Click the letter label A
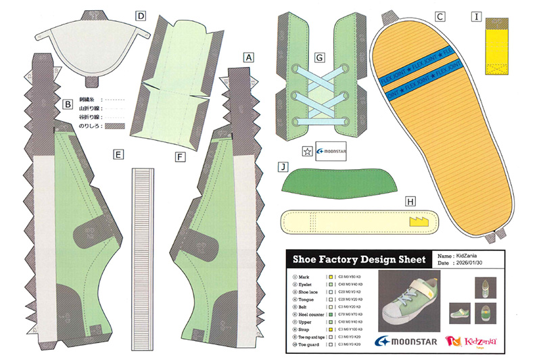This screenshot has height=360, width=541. [250, 58]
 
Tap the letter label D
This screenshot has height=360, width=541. [141, 16]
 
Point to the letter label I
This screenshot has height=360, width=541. [477, 16]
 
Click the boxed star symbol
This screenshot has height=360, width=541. [307, 152]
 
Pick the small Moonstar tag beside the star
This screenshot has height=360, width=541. [331, 152]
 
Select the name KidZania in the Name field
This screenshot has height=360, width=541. [471, 256]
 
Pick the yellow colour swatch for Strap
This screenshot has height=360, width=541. [329, 330]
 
